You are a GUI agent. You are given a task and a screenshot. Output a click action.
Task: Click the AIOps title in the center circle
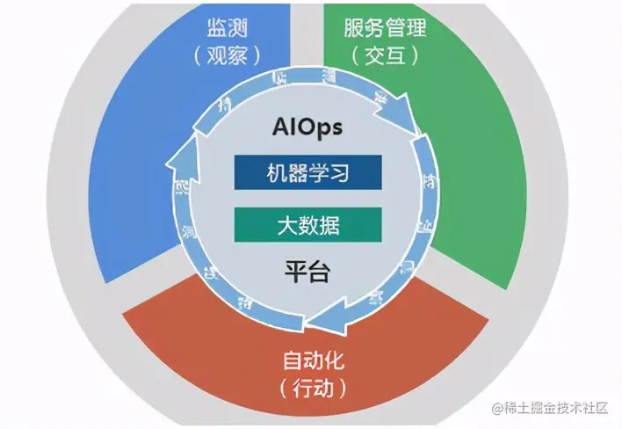(307, 128)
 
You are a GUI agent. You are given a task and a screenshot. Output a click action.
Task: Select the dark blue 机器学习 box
(307, 172)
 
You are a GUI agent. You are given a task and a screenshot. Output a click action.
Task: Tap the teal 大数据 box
(307, 225)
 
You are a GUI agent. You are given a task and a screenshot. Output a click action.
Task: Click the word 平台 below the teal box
(307, 272)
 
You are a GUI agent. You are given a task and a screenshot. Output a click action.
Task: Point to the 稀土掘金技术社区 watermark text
(558, 410)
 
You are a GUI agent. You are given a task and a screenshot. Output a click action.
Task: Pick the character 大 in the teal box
(283, 225)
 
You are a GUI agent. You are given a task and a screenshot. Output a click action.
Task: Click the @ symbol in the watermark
(497, 410)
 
